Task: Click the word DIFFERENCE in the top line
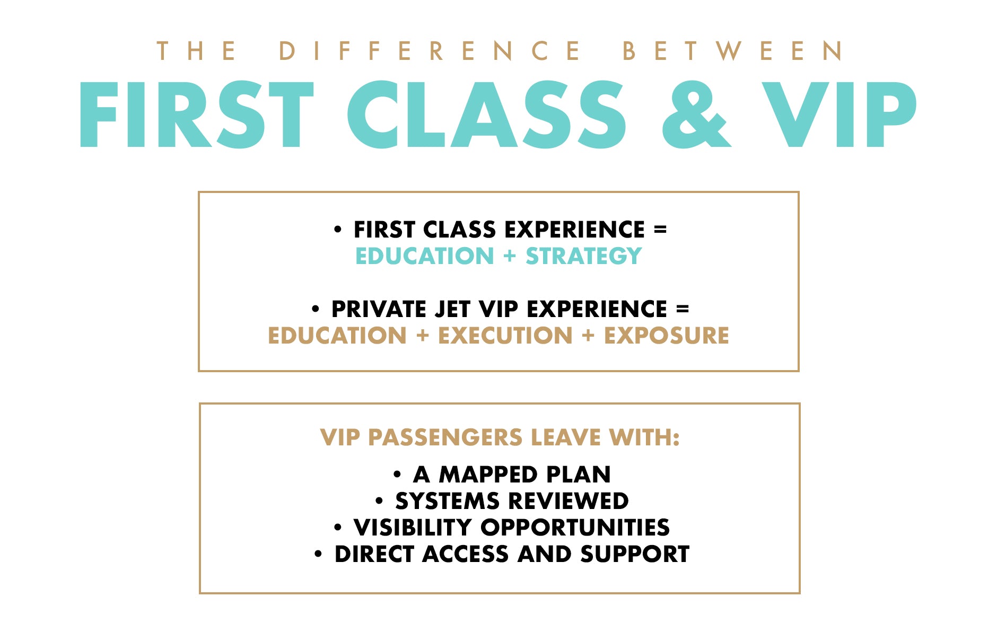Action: [x=430, y=51]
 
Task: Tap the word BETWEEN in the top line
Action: [x=732, y=51]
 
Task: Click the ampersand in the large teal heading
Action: [x=696, y=115]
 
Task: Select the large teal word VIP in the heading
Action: [x=839, y=115]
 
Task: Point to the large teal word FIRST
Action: [x=197, y=115]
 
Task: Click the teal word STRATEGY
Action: [x=584, y=256]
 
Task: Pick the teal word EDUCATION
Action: [x=425, y=256]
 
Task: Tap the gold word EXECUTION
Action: [x=505, y=336]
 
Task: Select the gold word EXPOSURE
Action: [x=667, y=336]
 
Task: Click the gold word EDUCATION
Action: [x=337, y=336]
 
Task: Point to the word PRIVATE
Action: [x=379, y=309]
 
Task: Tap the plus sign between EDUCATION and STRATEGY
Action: [x=510, y=256]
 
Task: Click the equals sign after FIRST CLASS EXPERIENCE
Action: [x=660, y=230]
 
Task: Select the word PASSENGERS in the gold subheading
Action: [x=445, y=438]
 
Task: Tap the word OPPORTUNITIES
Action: [x=575, y=528]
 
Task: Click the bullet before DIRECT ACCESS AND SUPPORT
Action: [x=318, y=555]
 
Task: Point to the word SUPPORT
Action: [x=635, y=554]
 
